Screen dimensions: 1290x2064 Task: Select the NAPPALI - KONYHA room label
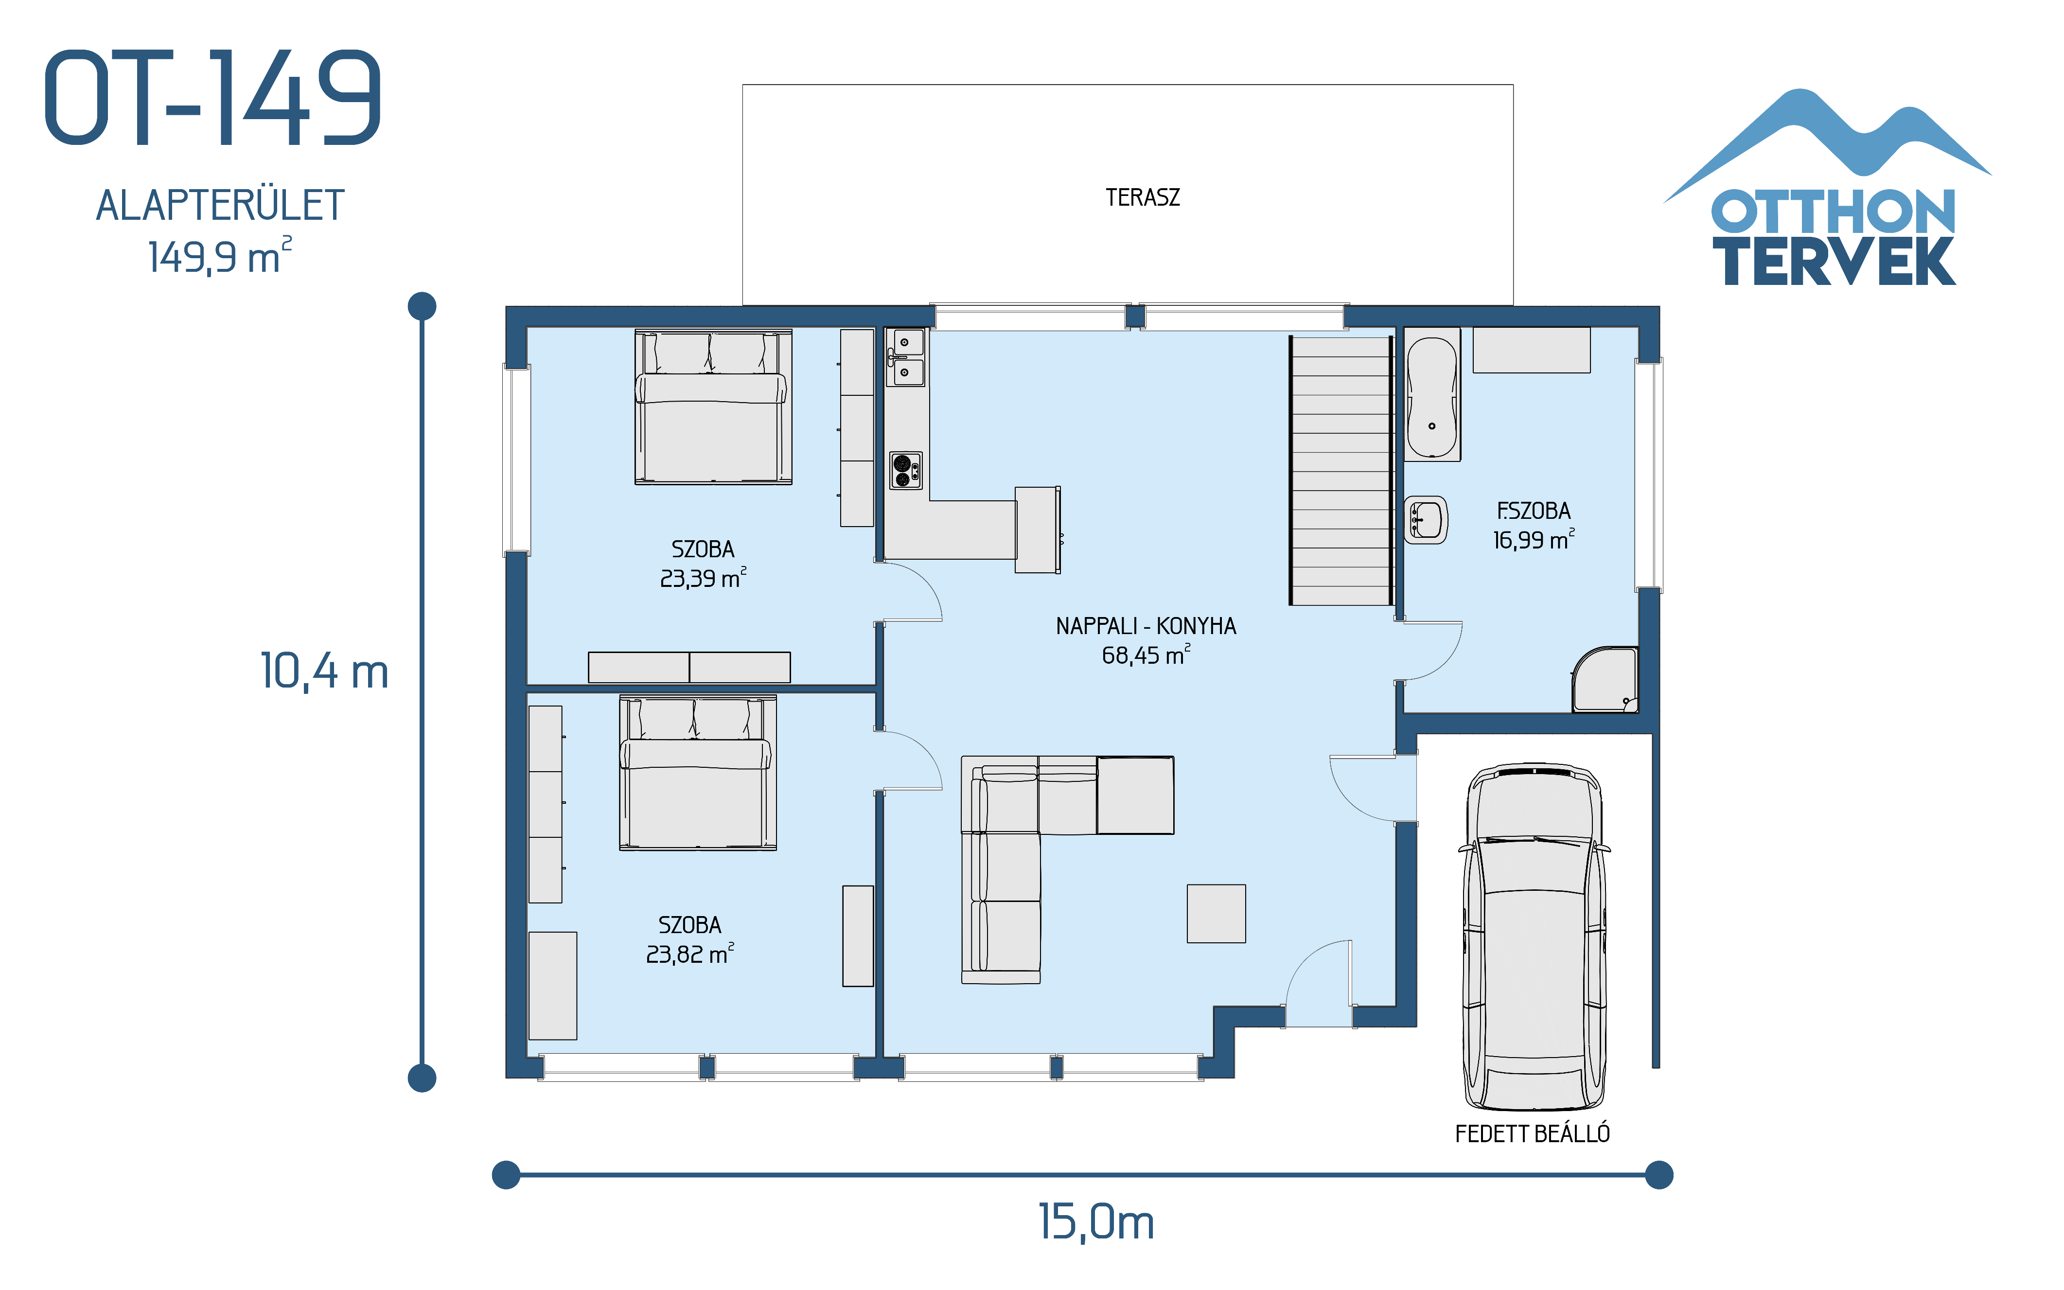[x=1146, y=626]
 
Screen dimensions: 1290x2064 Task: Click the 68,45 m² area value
[x=1146, y=655]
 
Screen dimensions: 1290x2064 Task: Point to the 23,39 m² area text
[x=703, y=579]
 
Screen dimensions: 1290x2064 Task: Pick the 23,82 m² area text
[x=689, y=954]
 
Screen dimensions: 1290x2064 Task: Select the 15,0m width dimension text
[x=1096, y=1222]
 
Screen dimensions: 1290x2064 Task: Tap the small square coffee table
[x=1216, y=914]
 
